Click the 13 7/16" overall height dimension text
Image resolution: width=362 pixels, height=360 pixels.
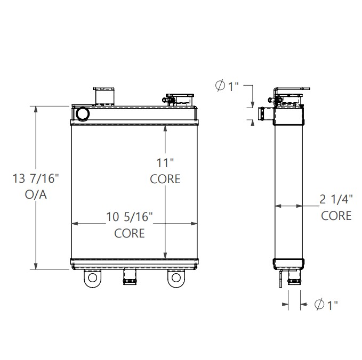tap(36, 178)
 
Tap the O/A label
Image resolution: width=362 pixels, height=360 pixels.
tap(36, 195)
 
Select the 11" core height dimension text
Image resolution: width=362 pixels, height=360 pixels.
tap(165, 162)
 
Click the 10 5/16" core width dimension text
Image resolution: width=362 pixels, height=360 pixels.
tap(130, 216)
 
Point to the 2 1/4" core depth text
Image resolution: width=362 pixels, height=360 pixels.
tap(336, 199)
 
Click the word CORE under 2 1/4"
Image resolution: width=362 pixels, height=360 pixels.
tap(336, 215)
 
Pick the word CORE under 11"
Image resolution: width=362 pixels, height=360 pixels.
tap(165, 179)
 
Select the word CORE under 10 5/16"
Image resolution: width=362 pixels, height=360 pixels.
tap(130, 233)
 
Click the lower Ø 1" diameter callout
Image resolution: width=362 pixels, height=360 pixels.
tap(327, 305)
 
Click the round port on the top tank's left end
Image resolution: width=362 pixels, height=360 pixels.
tap(83, 113)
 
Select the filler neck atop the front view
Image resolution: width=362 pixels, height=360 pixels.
tap(104, 95)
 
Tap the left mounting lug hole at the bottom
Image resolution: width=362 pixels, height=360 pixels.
tap(93, 278)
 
